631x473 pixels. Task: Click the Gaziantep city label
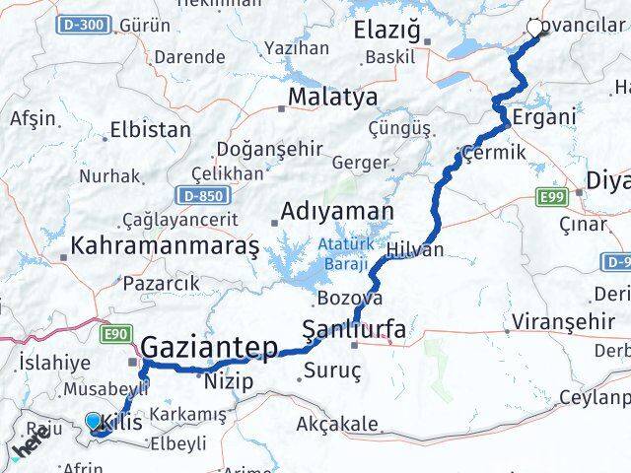coord(211,346)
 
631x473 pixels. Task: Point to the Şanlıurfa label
coord(352,330)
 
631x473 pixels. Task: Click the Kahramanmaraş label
coord(165,243)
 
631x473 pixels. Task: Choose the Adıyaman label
coord(337,211)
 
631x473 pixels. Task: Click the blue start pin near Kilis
coord(94,422)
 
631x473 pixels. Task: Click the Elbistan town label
coord(150,129)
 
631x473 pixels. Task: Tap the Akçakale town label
coord(337,425)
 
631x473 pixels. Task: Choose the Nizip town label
coord(229,381)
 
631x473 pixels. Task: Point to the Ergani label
coord(542,116)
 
